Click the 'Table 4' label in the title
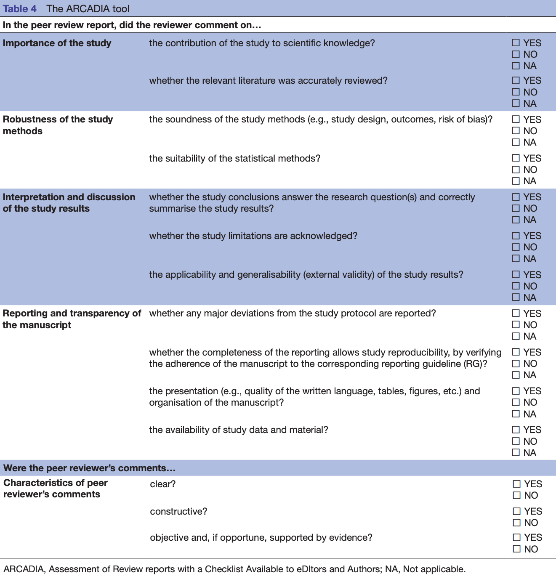(x=19, y=9)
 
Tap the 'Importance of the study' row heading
(x=57, y=43)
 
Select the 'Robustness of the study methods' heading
(x=58, y=125)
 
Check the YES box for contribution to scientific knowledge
(x=516, y=43)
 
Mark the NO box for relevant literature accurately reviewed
(x=516, y=92)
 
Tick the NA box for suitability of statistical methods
(x=516, y=181)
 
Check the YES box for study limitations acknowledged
(x=516, y=236)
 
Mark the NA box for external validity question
(x=516, y=297)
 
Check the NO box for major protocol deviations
(x=516, y=325)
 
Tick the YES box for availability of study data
(x=516, y=430)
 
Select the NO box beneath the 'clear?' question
(x=516, y=496)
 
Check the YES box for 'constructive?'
(x=516, y=512)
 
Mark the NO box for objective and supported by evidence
(x=516, y=549)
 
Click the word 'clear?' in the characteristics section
(x=162, y=484)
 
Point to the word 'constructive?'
(x=178, y=512)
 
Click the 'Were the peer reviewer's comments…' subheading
(x=89, y=468)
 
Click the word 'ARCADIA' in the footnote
(x=24, y=569)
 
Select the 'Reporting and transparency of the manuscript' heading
(x=72, y=319)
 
